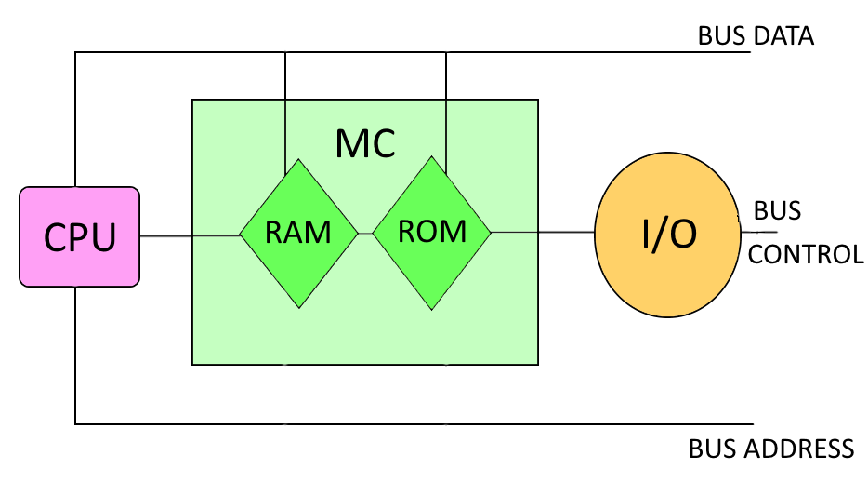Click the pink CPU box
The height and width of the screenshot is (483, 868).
pyautogui.click(x=79, y=236)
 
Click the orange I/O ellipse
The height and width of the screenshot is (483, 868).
pyautogui.click(x=667, y=236)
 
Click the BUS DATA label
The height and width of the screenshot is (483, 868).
pyautogui.click(x=756, y=36)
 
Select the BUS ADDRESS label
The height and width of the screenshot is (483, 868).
pyautogui.click(x=770, y=449)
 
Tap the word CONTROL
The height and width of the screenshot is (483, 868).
pyautogui.click(x=806, y=254)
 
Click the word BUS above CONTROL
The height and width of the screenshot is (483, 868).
pyautogui.click(x=777, y=211)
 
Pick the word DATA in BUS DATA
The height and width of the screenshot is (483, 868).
pyautogui.click(x=783, y=36)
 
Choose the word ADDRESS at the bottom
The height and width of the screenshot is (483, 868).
pyautogui.click(x=798, y=449)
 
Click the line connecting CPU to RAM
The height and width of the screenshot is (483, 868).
pyautogui.click(x=190, y=235)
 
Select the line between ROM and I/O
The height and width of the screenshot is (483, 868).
pyautogui.click(x=544, y=232)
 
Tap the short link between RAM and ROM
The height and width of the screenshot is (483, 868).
pyautogui.click(x=365, y=233)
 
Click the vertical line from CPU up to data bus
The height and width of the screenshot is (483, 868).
pyautogui.click(x=75, y=121)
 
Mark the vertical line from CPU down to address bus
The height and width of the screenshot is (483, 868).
pyautogui.click(x=75, y=354)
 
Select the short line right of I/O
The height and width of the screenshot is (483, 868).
pyautogui.click(x=756, y=233)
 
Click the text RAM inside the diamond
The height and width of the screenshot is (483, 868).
pyautogui.click(x=298, y=233)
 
